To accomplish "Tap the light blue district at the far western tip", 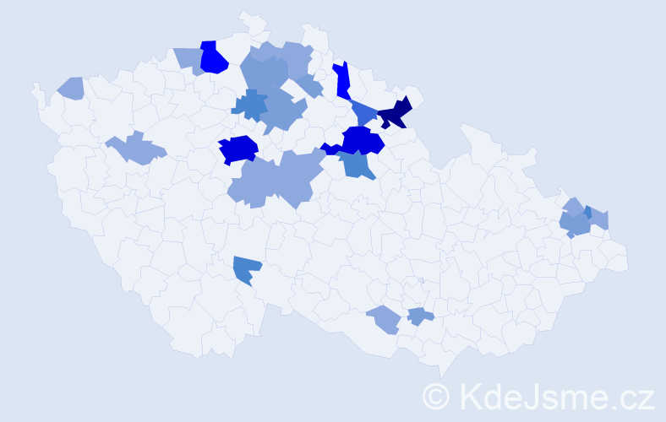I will (x=72, y=87).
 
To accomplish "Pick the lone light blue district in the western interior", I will (x=135, y=149).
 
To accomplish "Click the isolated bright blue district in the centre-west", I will (x=238, y=149).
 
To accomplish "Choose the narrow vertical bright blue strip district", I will (x=342, y=81).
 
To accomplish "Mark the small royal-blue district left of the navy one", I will (x=364, y=112).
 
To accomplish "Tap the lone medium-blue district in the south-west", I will (x=247, y=268).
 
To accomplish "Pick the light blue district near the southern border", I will (x=384, y=319).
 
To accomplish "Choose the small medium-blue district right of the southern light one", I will (x=419, y=316).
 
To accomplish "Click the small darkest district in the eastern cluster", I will (x=587, y=213).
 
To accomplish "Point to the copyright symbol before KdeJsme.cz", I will (x=437, y=396).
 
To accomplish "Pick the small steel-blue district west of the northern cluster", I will (x=249, y=105).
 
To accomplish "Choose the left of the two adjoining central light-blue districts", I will (x=254, y=181).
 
